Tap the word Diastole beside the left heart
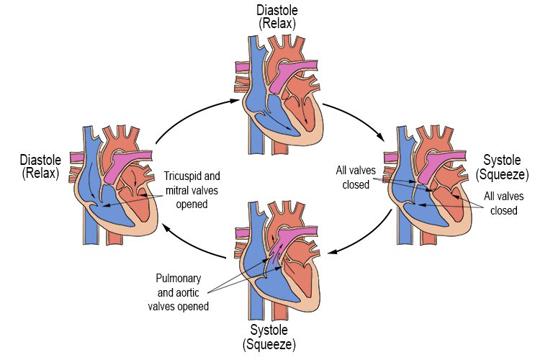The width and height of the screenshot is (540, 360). [40, 160]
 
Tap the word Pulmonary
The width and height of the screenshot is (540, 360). [177, 278]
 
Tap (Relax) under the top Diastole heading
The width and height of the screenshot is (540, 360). [277, 23]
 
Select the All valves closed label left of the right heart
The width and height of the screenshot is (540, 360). [352, 177]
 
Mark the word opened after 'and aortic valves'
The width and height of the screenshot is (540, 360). [194, 306]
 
